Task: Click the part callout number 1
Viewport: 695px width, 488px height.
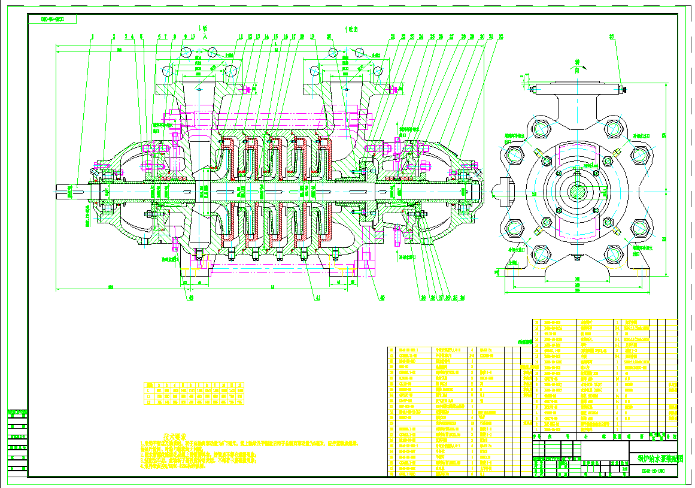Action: pos(93,37)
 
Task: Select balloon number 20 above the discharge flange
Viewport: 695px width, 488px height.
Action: pos(329,37)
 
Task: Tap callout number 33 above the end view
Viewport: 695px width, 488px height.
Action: pos(611,37)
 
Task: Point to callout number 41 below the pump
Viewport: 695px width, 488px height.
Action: pos(317,297)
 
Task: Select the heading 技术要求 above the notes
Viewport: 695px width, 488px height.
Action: pos(175,437)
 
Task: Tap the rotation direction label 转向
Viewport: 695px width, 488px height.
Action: pos(577,65)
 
